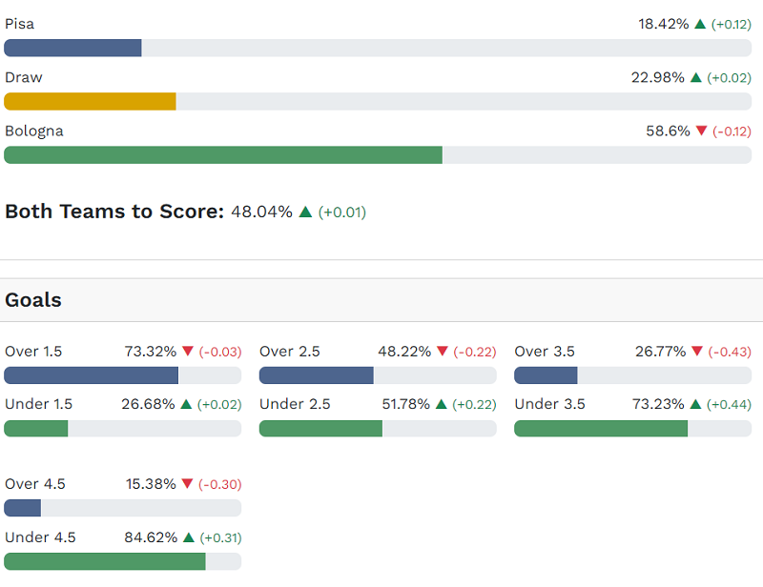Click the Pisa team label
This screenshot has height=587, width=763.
[x=19, y=24]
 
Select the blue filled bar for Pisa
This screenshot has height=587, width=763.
[x=72, y=48]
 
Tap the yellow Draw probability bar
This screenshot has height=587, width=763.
[x=90, y=101]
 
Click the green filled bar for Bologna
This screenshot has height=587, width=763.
[x=223, y=154]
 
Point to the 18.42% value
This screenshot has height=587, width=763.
[x=663, y=24]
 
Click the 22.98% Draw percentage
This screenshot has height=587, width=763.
[x=657, y=77]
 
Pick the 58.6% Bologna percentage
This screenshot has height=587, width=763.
[x=668, y=131]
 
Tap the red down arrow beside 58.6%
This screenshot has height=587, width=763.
[x=702, y=131]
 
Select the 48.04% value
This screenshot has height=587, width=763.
[x=261, y=212]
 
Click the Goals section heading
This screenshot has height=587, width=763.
[x=33, y=300]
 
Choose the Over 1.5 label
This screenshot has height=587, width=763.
[x=33, y=352]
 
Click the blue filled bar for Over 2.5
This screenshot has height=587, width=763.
[x=316, y=375]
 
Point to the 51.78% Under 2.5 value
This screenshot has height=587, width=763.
[x=406, y=404]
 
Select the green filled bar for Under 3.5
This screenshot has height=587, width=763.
[x=601, y=428]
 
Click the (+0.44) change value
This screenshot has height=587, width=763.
[x=730, y=404]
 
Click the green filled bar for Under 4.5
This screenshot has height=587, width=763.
[x=105, y=561]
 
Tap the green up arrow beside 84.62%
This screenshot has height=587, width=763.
[x=188, y=537]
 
